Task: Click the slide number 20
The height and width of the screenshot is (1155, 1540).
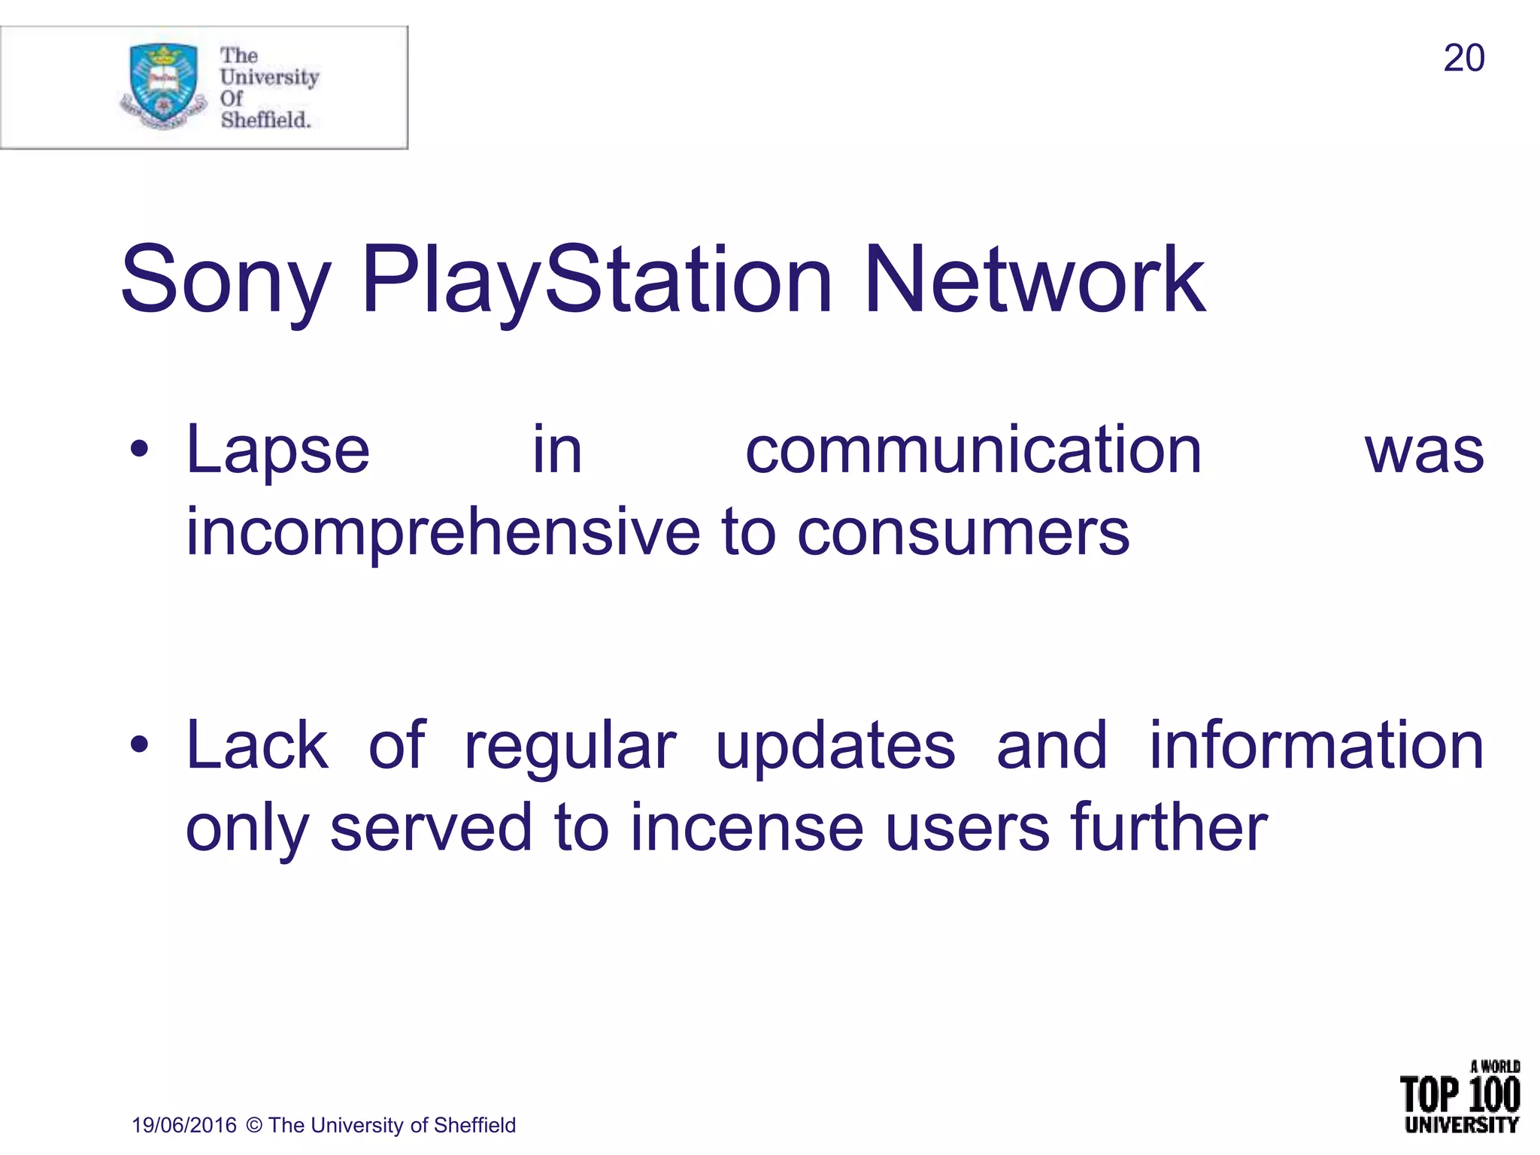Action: (x=1463, y=59)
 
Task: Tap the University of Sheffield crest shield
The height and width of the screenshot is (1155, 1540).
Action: (x=163, y=83)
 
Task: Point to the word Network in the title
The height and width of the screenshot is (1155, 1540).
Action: (x=1035, y=280)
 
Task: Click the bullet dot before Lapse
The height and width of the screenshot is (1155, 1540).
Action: (x=139, y=450)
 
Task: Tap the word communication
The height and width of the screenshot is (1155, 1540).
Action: (x=973, y=450)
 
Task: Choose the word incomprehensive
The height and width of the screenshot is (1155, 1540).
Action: (x=443, y=532)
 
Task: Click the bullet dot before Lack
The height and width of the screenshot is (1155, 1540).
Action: (x=139, y=745)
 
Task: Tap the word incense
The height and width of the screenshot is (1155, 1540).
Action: (x=746, y=828)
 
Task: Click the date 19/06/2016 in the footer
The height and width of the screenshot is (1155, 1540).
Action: (x=184, y=1125)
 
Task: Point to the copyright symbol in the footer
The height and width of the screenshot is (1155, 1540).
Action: (x=254, y=1125)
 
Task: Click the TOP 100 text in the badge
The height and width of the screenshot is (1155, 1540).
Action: (x=1460, y=1095)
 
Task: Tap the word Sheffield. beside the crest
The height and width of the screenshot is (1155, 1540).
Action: (x=265, y=120)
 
